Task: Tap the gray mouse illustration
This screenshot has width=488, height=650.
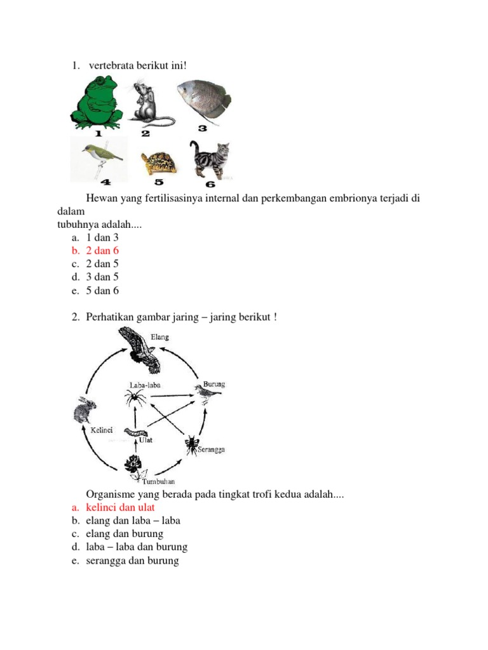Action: click(150, 103)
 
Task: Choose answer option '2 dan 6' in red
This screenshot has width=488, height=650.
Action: click(102, 251)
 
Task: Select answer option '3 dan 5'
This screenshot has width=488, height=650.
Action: click(102, 277)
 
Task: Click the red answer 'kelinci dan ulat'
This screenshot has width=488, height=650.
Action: click(120, 507)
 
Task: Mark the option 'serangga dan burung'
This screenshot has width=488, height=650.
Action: click(132, 560)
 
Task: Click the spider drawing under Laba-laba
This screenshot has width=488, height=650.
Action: click(135, 399)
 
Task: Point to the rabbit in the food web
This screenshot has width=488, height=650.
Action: click(85, 409)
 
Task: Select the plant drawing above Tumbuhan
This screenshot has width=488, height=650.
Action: click(133, 467)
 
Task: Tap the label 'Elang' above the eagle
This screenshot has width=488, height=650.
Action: click(159, 337)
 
